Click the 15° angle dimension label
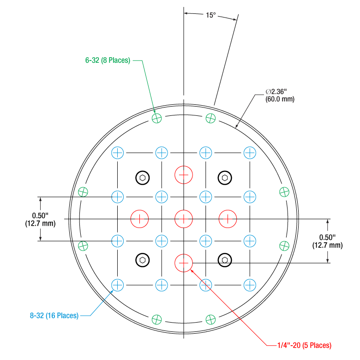point(210,15)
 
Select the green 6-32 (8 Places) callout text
point(108,60)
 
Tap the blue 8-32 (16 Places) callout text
point(54,316)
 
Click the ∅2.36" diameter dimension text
point(280,96)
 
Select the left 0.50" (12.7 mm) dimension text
point(40,219)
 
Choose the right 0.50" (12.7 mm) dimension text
point(328,241)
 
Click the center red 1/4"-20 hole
point(183,219)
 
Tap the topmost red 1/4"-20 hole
point(183,175)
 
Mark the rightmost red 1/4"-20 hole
point(227,219)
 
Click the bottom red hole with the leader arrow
point(183,263)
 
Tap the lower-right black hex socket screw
point(224,260)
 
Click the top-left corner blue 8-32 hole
point(118,152)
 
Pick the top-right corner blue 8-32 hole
point(249,152)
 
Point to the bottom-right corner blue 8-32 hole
point(249,285)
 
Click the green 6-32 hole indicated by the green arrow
point(156,118)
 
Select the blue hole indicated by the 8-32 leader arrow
point(118,285)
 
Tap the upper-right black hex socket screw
point(225,177)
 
